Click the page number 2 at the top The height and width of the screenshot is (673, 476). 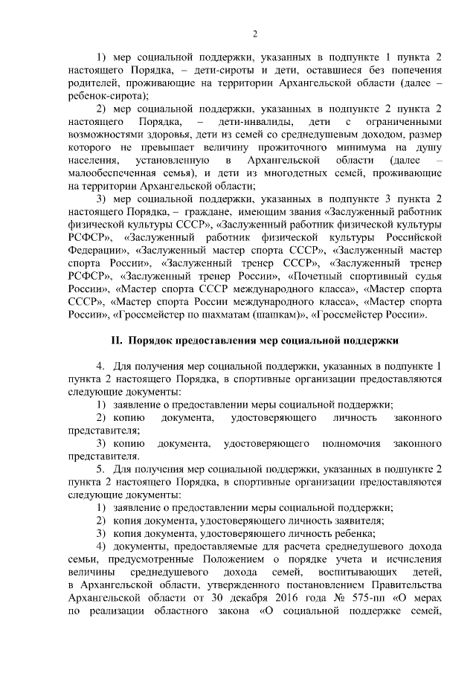(x=255, y=33)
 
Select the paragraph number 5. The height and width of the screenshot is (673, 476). (x=100, y=470)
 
